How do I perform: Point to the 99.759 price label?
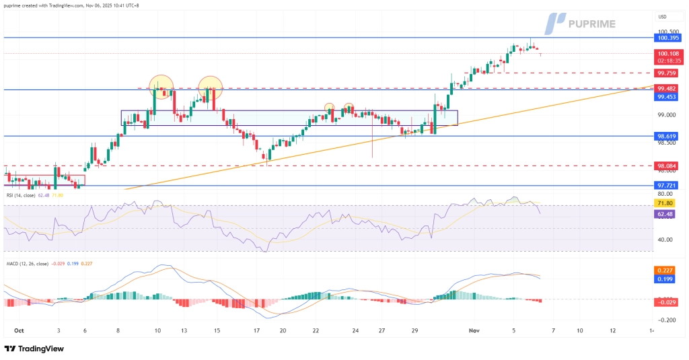point(666,73)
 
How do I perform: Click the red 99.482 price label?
point(666,89)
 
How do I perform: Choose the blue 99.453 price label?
point(666,97)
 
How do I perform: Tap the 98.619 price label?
point(666,136)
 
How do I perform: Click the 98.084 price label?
point(666,166)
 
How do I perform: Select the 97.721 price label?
point(666,185)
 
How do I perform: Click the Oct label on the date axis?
point(18,331)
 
